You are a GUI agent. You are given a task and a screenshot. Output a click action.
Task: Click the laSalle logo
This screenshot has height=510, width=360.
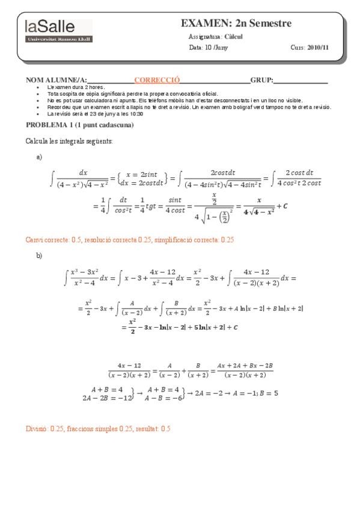(58, 30)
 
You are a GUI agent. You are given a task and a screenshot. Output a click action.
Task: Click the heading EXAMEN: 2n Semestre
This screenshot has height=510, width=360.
(236, 23)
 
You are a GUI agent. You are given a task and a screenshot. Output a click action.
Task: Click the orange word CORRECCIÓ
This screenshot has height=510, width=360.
(157, 79)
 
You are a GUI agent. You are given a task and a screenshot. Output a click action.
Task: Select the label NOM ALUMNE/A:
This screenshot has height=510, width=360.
(56, 79)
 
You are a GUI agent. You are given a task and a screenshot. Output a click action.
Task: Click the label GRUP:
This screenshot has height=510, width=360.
(261, 79)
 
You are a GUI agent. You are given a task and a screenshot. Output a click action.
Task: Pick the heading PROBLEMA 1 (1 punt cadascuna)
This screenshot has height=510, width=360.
(79, 125)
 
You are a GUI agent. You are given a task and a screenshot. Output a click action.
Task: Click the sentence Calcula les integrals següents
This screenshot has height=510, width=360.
(69, 141)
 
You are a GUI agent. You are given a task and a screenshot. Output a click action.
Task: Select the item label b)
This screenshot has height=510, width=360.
(40, 255)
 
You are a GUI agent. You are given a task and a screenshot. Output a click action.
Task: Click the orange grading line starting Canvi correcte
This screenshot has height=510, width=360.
(129, 239)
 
